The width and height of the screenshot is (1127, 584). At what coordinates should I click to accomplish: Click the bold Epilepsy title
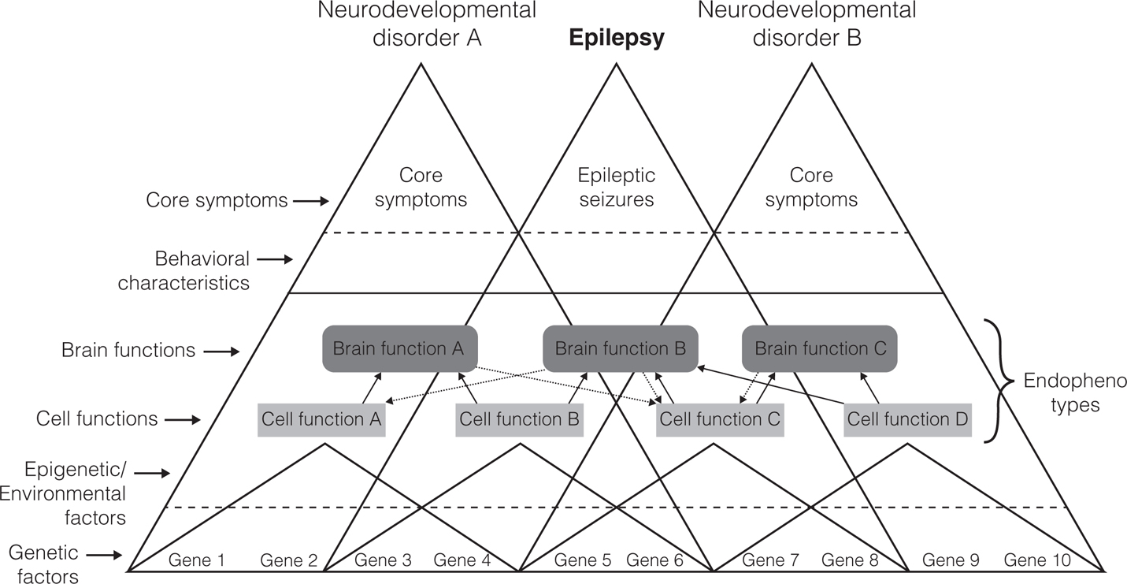[x=617, y=38]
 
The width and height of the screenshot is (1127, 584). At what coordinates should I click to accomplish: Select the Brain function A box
[x=399, y=348]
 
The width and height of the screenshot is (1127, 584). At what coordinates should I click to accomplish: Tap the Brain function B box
[x=621, y=348]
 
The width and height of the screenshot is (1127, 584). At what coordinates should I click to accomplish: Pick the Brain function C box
[x=820, y=348]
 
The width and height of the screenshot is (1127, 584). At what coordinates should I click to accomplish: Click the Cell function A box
[x=321, y=419]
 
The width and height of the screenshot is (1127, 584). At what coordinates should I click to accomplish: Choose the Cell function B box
[x=520, y=419]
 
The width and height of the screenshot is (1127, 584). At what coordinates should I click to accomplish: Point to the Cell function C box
[x=720, y=419]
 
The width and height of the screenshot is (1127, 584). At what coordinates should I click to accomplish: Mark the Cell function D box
[x=908, y=419]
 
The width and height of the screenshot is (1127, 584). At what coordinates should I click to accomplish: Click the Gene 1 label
[x=198, y=561]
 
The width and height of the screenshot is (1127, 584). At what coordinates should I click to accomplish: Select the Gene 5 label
[x=583, y=561]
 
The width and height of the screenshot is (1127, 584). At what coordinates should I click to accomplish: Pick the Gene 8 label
[x=850, y=561]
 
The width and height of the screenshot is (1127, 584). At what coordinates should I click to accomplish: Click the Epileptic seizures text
[x=617, y=187]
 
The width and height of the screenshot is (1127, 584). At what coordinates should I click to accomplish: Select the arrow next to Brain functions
[x=221, y=351]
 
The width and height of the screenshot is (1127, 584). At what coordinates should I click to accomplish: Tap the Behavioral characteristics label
[x=184, y=270]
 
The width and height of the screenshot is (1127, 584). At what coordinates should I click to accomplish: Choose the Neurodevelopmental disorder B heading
[x=806, y=24]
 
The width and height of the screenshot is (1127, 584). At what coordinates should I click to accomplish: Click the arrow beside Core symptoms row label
[x=310, y=201]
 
